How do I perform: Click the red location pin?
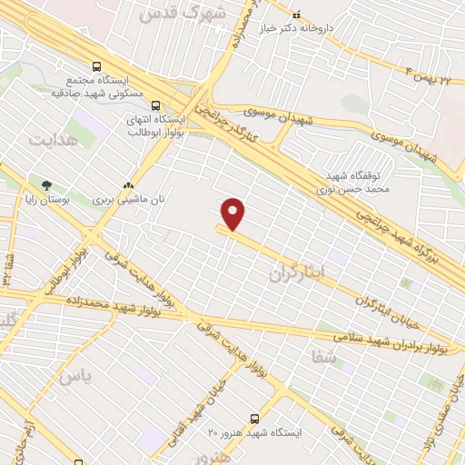coord(233,213)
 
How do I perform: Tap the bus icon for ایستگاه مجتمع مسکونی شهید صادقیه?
coord(96,65)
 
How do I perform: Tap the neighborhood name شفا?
coord(324,358)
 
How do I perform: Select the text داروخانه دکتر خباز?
coord(294,28)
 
